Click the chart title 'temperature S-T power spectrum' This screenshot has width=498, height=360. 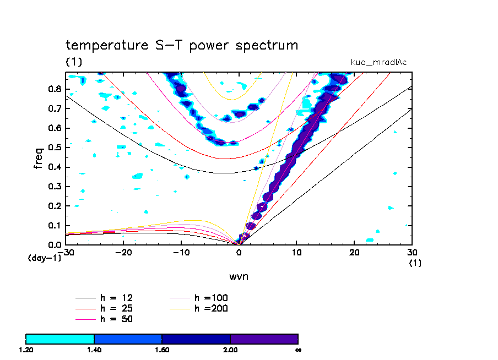(182, 46)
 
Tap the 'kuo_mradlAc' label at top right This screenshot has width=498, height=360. (379, 62)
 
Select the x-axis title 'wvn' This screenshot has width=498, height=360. (239, 276)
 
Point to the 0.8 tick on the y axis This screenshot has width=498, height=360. (55, 88)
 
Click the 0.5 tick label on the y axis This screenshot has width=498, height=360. (55, 148)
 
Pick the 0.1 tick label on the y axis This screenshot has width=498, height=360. (55, 226)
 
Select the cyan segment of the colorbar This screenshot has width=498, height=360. (60, 339)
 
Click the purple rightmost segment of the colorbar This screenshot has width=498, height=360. (264, 339)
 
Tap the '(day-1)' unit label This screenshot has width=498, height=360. (44, 258)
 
